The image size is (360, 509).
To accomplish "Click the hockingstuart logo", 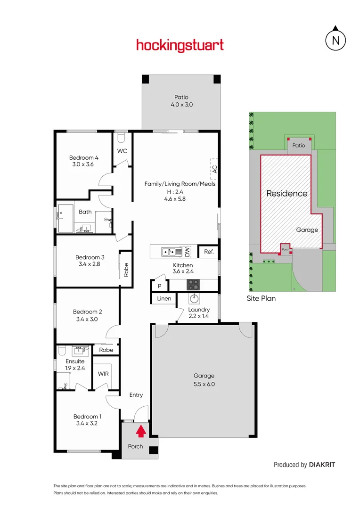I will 180,46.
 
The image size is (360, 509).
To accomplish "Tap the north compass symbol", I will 335,40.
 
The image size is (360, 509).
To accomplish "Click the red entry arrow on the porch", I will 140,432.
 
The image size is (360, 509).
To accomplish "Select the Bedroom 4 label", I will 84,157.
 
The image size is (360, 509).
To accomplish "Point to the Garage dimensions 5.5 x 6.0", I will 204,384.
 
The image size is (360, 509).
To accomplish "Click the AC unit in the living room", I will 214,169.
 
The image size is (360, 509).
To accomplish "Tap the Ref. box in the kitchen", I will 209,252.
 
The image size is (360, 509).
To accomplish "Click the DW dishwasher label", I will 187,252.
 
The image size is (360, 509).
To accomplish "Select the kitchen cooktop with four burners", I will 193,285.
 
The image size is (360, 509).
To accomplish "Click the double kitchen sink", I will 168,252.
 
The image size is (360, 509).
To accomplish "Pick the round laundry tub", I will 194,298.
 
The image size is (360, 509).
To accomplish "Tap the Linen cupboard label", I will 164,299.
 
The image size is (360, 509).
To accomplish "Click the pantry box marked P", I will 159,285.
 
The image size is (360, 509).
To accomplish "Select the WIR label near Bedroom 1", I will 103,373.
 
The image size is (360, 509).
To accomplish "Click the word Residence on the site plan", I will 286,193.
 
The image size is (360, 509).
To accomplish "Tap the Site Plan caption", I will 261,298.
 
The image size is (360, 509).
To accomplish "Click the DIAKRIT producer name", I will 322,465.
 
